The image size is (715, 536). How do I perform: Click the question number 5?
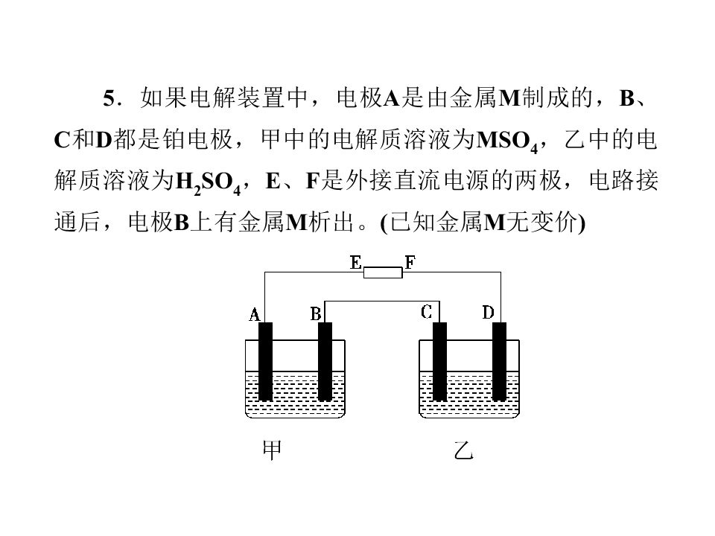tap(109, 98)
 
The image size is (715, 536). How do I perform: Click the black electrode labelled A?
tap(265, 362)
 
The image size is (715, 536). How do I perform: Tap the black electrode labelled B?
tap(325, 362)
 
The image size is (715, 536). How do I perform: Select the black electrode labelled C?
tap(439, 362)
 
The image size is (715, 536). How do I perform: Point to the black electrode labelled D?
tap(499, 362)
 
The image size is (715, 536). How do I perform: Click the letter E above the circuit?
tap(356, 263)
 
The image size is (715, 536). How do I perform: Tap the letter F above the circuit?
tap(410, 263)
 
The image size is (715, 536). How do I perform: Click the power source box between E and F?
tap(383, 272)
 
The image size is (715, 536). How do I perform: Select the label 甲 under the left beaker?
tap(273, 450)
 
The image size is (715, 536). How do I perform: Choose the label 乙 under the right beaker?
tap(464, 450)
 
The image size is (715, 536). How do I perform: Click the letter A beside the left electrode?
tap(254, 314)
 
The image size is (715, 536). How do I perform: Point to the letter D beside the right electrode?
tap(488, 313)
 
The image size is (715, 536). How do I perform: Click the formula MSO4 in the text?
tap(507, 141)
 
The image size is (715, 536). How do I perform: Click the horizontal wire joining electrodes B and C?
tap(382, 301)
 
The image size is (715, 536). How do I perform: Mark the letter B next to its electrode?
tap(316, 314)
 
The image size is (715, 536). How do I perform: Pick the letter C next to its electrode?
tap(426, 312)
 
